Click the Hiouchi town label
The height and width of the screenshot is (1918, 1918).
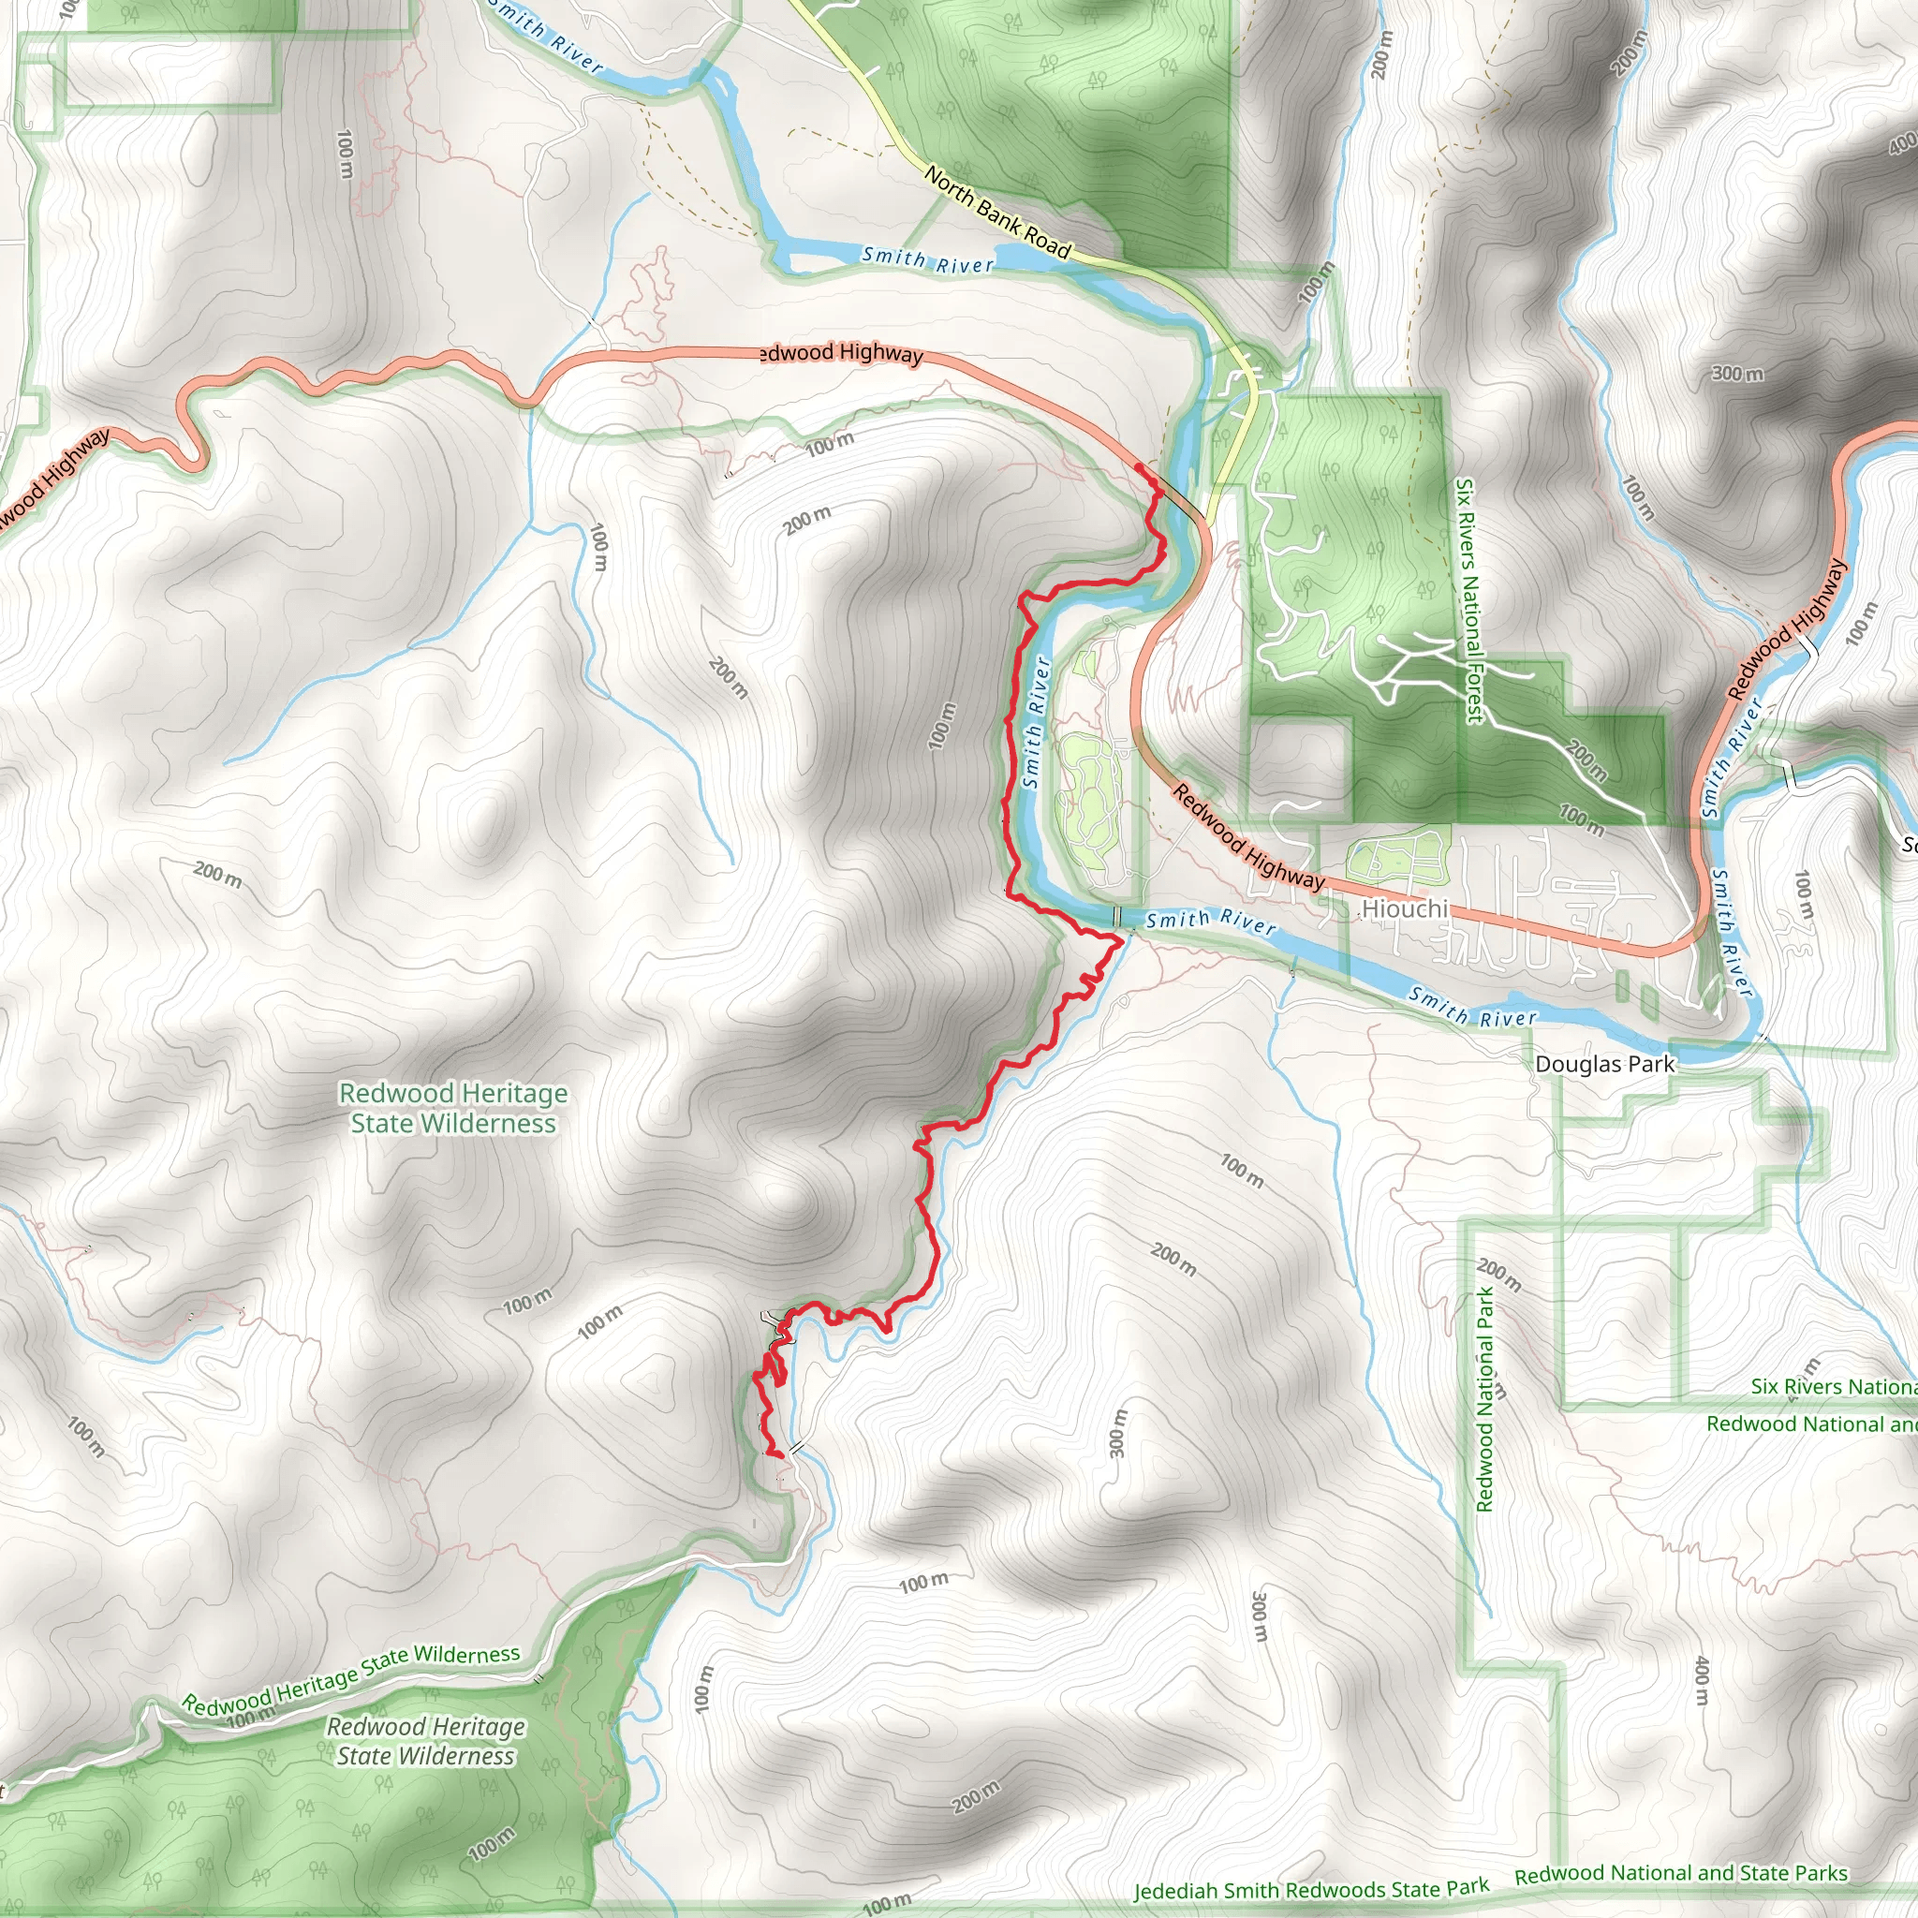pyautogui.click(x=1405, y=908)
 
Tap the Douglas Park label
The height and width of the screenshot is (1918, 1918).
pyautogui.click(x=1604, y=1063)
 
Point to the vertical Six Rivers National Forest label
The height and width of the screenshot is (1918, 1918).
pyautogui.click(x=1468, y=601)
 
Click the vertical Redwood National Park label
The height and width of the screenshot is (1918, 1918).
pyautogui.click(x=1485, y=1400)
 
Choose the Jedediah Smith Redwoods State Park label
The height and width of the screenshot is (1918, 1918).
pyautogui.click(x=1311, y=1889)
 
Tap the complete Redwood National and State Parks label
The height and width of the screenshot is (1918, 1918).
pyautogui.click(x=1681, y=1873)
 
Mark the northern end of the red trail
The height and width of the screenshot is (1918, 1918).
pyautogui.click(x=1138, y=466)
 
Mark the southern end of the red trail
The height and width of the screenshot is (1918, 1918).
pyautogui.click(x=781, y=1455)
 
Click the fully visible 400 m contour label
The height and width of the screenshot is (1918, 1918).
pyautogui.click(x=1703, y=1680)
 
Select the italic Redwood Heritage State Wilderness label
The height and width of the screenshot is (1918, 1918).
pyautogui.click(x=426, y=1742)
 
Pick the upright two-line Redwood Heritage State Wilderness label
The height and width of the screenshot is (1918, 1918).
pyautogui.click(x=453, y=1108)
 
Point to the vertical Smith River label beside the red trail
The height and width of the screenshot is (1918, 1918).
pyautogui.click(x=1037, y=723)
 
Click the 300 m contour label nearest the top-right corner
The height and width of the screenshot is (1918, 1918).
pyautogui.click(x=1737, y=374)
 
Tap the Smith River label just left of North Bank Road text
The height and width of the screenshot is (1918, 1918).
pyautogui.click(x=927, y=259)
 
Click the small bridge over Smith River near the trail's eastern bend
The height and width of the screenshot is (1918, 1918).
pyautogui.click(x=1118, y=915)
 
